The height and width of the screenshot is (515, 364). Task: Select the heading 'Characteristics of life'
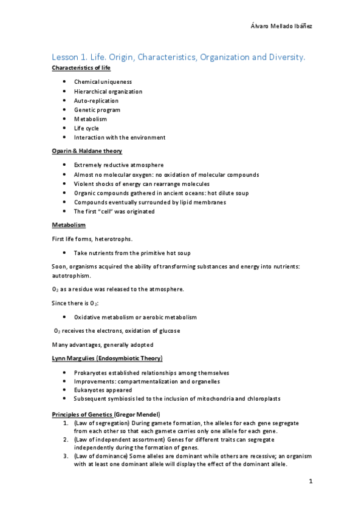tap(80, 68)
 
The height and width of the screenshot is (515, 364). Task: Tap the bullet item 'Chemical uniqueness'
tap(103, 82)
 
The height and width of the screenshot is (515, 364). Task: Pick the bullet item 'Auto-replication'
tap(96, 101)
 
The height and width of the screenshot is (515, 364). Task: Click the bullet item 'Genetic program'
tap(97, 110)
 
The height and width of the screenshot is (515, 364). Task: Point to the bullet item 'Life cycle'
tap(86, 128)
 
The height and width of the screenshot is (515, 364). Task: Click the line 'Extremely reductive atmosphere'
tap(118, 165)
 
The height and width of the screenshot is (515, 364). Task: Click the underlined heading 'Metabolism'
tap(67, 225)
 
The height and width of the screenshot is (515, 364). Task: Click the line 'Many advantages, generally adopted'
tap(100, 345)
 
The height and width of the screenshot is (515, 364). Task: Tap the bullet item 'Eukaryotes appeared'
tap(103, 390)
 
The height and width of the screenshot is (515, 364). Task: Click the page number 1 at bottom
tap(310, 482)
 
